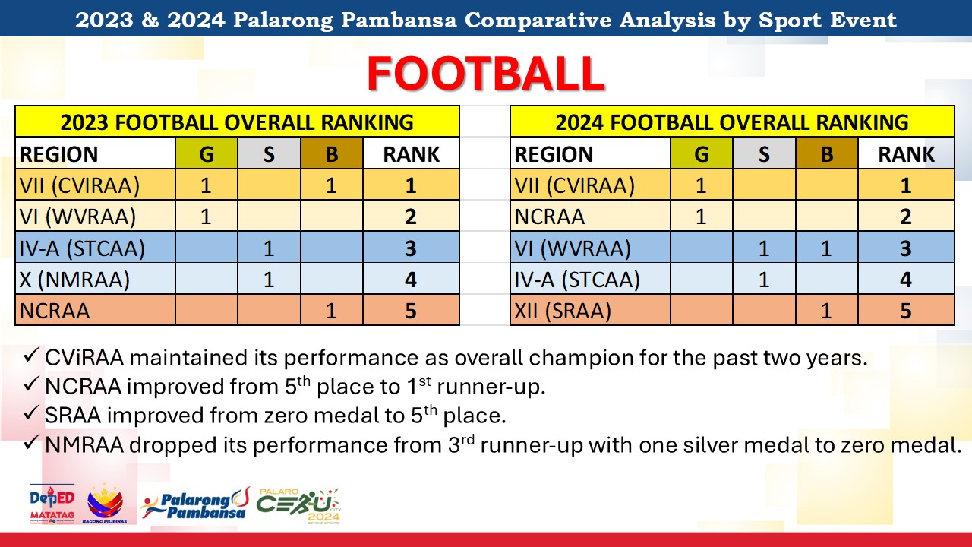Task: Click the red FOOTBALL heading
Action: pyautogui.click(x=486, y=74)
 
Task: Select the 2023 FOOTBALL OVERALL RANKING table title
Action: pyautogui.click(x=237, y=122)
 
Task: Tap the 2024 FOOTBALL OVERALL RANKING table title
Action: pyautogui.click(x=732, y=122)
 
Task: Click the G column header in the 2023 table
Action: pyautogui.click(x=207, y=153)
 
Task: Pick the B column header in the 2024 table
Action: pyautogui.click(x=827, y=153)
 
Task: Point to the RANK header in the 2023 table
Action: pyautogui.click(x=412, y=154)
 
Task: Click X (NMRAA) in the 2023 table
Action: pyautogui.click(x=74, y=279)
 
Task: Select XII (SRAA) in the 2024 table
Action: pyautogui.click(x=563, y=311)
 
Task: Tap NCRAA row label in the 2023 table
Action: pyautogui.click(x=55, y=311)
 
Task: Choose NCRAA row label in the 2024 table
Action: pyautogui.click(x=550, y=217)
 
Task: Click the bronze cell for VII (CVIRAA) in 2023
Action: pyautogui.click(x=332, y=185)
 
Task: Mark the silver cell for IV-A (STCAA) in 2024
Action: pyautogui.click(x=764, y=279)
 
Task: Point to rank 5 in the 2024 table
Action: pyautogui.click(x=906, y=311)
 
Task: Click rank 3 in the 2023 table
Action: pyautogui.click(x=411, y=248)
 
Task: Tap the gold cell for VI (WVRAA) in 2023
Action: pyautogui.click(x=207, y=216)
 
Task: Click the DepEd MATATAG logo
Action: pyautogui.click(x=52, y=504)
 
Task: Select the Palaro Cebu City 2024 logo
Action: pyautogui.click(x=298, y=506)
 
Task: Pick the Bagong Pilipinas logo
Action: pyautogui.click(x=105, y=504)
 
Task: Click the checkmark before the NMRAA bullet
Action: pyautogui.click(x=32, y=442)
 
